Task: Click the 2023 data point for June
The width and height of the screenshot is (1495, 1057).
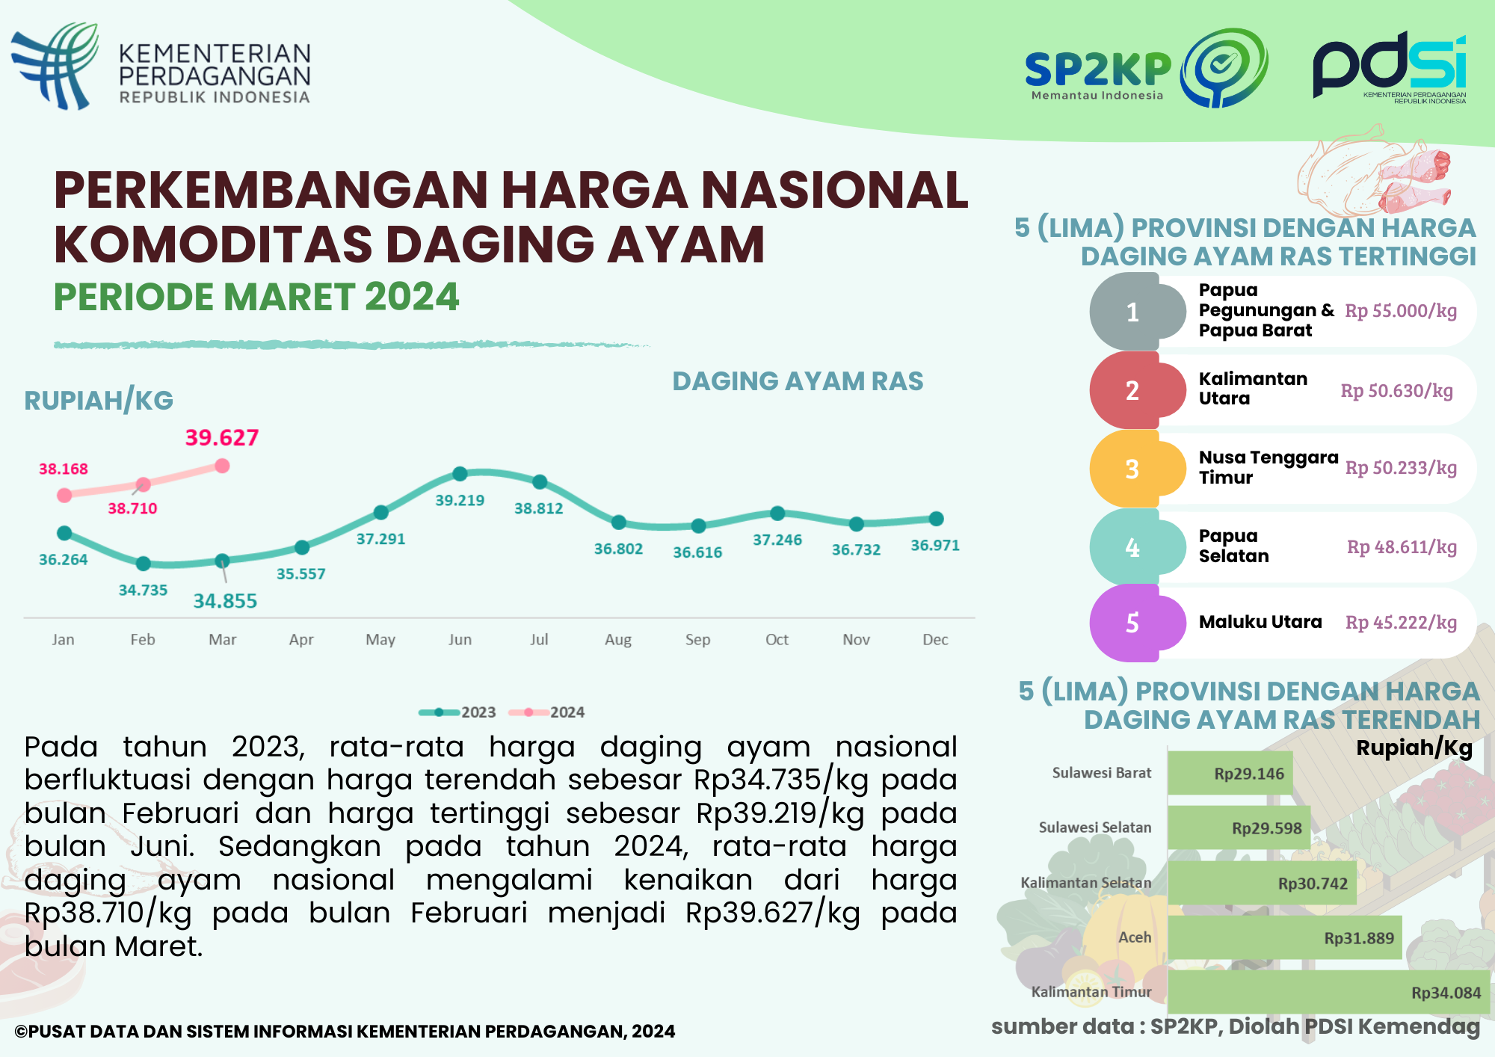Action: coord(460,473)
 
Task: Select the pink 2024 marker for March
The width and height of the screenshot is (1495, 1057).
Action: coord(222,466)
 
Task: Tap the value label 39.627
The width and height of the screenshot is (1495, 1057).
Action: coord(222,437)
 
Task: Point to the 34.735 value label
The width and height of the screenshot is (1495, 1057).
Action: coord(143,590)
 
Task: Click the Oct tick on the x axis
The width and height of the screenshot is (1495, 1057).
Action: coord(777,639)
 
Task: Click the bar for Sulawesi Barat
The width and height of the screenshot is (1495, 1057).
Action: coord(1230,774)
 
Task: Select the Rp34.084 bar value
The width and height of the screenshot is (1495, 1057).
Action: coord(1446,993)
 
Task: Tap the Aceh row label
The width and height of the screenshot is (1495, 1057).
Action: coord(1134,937)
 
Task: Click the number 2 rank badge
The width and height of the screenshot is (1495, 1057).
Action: coord(1133,390)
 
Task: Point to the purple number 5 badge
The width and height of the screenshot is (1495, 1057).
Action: coord(1133,623)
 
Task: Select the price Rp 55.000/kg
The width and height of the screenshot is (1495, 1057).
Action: coord(1401,311)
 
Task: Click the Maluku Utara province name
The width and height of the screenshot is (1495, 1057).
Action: coord(1260,622)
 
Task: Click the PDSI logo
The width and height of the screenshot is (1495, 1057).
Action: coord(1390,67)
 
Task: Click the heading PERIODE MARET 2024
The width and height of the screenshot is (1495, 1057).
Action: coord(256,297)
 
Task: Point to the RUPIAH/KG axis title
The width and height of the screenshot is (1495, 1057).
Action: coord(99,401)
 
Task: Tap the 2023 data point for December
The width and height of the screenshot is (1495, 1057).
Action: coord(936,518)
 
